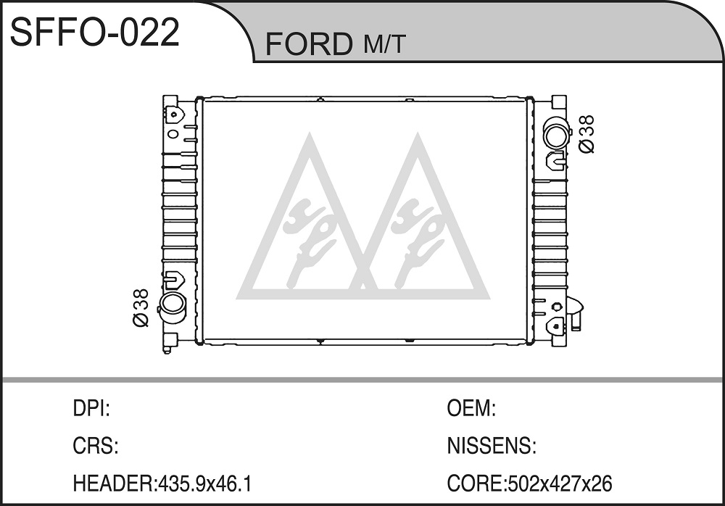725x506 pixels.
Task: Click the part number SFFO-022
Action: [x=95, y=33]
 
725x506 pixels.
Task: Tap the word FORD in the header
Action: [x=308, y=44]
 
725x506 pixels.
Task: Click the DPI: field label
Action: [x=91, y=409]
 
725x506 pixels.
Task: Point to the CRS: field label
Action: [x=96, y=446]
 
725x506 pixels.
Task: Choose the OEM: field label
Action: [x=471, y=409]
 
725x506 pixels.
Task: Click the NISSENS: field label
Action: [x=492, y=446]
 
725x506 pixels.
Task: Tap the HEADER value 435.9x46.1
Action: [x=205, y=484]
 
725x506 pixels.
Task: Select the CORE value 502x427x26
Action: [x=560, y=484]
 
